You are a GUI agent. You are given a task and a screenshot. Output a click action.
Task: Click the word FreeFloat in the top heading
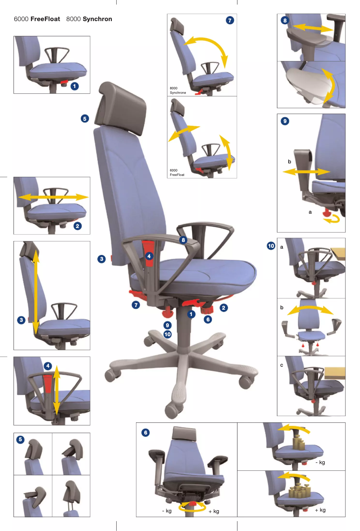[45, 19]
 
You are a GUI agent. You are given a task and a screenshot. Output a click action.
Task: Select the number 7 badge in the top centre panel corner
[230, 20]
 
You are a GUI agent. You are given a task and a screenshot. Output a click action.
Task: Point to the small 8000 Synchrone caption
[178, 90]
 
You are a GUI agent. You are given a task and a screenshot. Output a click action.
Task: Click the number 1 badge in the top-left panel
[75, 86]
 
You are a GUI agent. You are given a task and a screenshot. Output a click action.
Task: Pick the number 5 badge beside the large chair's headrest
[85, 118]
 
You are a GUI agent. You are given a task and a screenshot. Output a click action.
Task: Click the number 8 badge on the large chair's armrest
[183, 240]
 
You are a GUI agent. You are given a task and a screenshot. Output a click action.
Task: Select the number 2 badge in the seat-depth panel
[78, 226]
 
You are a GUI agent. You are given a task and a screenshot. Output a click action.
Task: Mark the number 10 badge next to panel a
[271, 246]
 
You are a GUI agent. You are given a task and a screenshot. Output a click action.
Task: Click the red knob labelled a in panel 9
[326, 213]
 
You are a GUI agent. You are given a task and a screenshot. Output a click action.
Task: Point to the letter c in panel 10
[281, 365]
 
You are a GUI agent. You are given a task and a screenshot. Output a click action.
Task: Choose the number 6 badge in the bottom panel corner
[145, 432]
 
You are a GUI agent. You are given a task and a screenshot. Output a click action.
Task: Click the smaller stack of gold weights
[299, 443]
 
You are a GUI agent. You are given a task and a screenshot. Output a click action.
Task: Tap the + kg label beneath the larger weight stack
[320, 510]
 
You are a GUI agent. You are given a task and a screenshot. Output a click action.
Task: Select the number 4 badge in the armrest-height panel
[48, 366]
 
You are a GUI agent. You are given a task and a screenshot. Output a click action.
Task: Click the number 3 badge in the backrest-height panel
[22, 320]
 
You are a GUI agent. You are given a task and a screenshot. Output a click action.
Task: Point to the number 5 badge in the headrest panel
[20, 439]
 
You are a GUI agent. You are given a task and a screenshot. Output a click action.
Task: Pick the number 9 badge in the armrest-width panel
[285, 121]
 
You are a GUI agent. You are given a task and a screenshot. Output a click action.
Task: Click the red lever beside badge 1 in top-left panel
[64, 82]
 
